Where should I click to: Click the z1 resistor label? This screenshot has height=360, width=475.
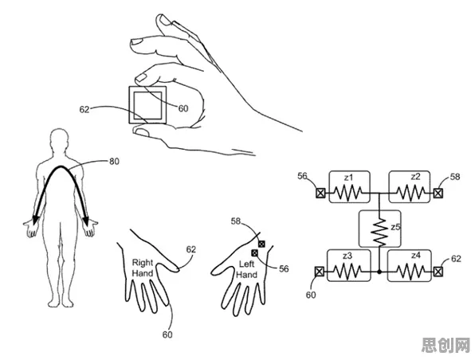(348, 177)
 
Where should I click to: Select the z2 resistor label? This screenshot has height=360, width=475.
(416, 176)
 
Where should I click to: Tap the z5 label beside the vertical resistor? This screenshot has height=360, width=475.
(395, 227)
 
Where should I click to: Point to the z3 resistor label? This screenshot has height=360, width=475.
(347, 256)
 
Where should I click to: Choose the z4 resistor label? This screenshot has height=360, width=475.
(416, 256)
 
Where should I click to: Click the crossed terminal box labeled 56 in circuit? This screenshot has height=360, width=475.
(320, 193)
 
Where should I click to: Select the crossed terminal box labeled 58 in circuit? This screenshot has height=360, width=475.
(438, 193)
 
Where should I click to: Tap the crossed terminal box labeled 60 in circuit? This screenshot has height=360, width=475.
(320, 272)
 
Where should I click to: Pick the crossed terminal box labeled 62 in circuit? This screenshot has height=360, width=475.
(438, 272)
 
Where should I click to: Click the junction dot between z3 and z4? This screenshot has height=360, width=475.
(379, 272)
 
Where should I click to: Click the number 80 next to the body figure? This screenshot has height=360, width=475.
(114, 162)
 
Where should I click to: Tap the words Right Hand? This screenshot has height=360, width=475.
(143, 268)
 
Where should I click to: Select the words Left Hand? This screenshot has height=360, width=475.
(246, 269)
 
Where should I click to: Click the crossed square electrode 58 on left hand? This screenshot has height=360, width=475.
(261, 244)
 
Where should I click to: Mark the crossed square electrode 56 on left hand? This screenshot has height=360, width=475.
(254, 252)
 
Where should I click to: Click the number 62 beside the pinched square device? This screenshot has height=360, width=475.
(84, 109)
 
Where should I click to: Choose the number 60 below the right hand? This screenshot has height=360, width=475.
(167, 335)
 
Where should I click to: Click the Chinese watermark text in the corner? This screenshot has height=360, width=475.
(447, 345)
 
